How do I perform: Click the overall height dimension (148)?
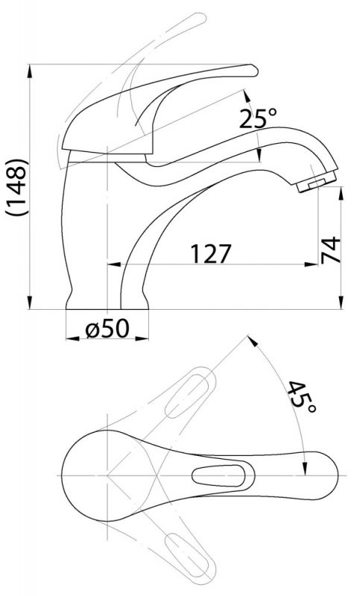pos(16,187)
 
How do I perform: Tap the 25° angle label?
pos(258,118)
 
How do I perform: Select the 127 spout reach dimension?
pos(211,253)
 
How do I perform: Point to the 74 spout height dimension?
pos(330,250)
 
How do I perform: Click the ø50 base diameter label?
pos(107,329)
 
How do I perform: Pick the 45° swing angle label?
pos(302,396)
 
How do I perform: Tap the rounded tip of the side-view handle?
pos(253,71)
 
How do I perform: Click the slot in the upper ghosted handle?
pos(187,396)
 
